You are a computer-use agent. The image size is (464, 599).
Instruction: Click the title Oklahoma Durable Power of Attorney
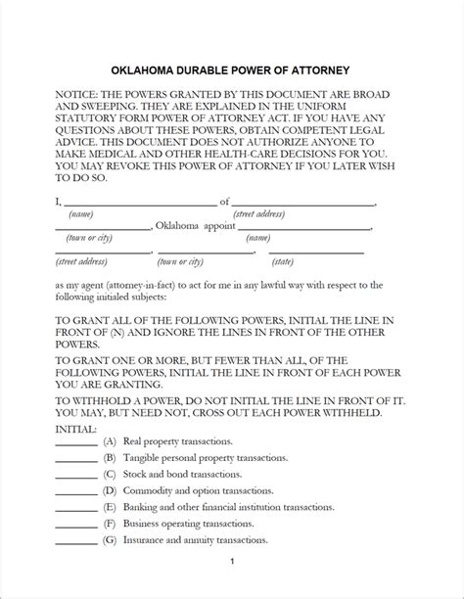tap(232, 71)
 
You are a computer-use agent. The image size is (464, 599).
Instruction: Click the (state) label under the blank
tap(310, 261)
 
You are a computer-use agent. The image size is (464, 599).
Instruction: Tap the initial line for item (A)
tap(76, 445)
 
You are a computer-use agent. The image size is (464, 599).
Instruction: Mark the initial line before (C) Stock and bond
tap(76, 477)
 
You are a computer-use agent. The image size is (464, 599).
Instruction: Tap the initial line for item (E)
tap(76, 510)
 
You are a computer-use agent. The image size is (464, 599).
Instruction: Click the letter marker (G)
tap(110, 540)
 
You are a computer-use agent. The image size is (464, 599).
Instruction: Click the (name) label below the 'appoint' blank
tap(259, 238)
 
